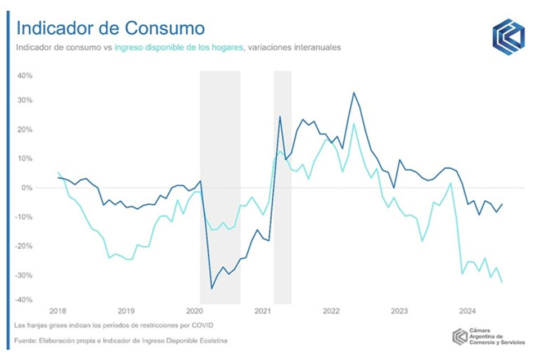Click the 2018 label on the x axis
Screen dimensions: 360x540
57,310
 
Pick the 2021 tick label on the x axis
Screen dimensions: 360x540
263,310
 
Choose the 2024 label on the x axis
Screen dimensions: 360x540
467,310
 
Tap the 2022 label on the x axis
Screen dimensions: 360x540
331,310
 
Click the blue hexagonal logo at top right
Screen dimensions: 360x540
508,37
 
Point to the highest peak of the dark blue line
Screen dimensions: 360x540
354,93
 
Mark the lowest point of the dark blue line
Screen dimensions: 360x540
212,289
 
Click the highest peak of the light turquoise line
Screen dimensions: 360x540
354,123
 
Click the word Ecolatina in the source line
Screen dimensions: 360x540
211,341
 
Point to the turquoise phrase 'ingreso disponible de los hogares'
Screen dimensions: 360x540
178,48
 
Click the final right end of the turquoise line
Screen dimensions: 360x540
502,282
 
